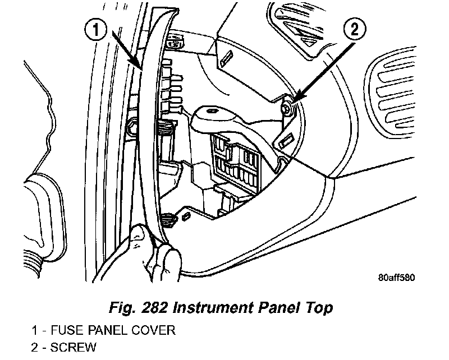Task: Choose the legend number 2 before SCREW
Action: (35, 348)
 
